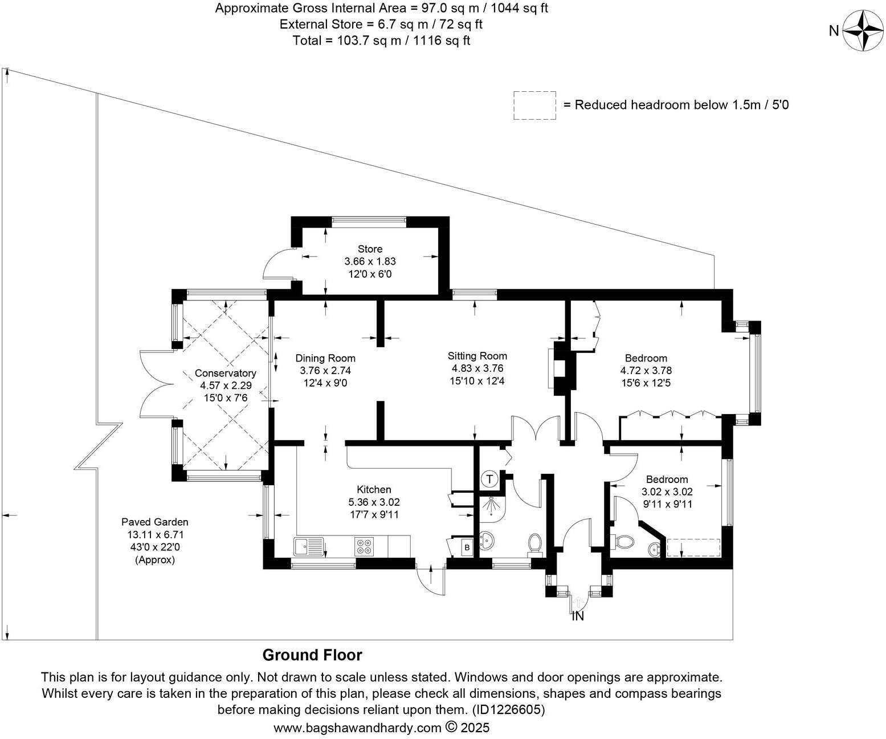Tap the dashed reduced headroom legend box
click(x=534, y=105)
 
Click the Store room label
click(x=370, y=249)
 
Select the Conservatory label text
click(x=225, y=373)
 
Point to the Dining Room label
click(x=325, y=358)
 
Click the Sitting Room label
click(x=477, y=356)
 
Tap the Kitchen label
click(x=374, y=489)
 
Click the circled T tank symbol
click(x=489, y=479)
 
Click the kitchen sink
click(x=308, y=546)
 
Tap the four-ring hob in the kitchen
click(x=364, y=546)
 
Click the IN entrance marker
click(x=578, y=616)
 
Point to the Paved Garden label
click(x=154, y=522)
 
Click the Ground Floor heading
click(x=312, y=655)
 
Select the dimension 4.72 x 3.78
click(x=646, y=371)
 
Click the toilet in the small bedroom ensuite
click(x=624, y=541)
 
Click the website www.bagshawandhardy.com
click(x=357, y=728)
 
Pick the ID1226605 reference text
click(x=507, y=710)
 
